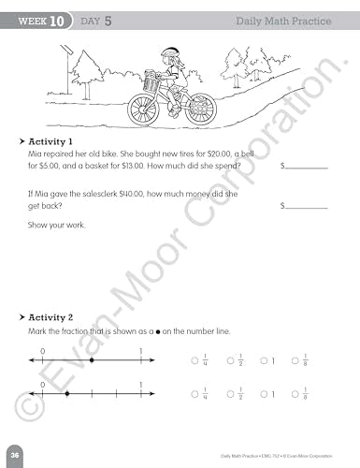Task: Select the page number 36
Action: tap(16, 453)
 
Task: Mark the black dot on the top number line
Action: tap(90, 359)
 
